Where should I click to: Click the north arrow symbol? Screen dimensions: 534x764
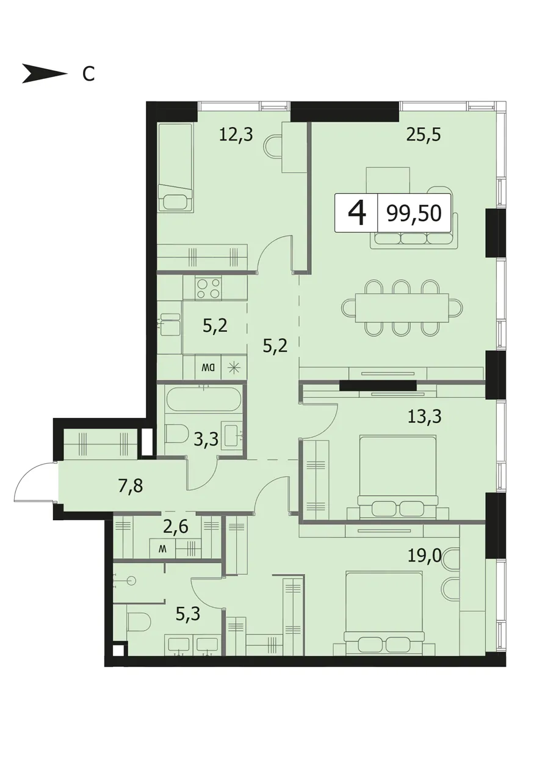tap(45, 73)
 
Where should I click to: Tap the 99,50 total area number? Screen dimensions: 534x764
tap(414, 213)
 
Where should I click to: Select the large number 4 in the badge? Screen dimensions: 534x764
tap(357, 213)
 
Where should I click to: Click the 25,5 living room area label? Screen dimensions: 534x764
tap(424, 134)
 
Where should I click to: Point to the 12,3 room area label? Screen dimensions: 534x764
tap(236, 134)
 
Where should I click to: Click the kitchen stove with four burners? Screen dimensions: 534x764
tap(208, 288)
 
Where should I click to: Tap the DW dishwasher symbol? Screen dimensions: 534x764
tap(207, 368)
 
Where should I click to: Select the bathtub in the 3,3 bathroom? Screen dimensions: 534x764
tap(203, 399)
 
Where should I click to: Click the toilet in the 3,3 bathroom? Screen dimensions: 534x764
tap(177, 434)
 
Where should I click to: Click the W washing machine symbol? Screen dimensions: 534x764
tap(163, 549)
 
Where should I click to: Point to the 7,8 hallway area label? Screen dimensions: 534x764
tap(131, 486)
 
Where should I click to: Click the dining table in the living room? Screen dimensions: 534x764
tap(402, 307)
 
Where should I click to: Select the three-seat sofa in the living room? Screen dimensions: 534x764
tap(414, 235)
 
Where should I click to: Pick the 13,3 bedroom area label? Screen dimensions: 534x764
tap(424, 416)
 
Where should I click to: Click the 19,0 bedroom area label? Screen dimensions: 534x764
tap(424, 557)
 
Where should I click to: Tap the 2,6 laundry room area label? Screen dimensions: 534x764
tap(176, 527)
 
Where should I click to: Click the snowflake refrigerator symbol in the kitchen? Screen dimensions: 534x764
tap(234, 368)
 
